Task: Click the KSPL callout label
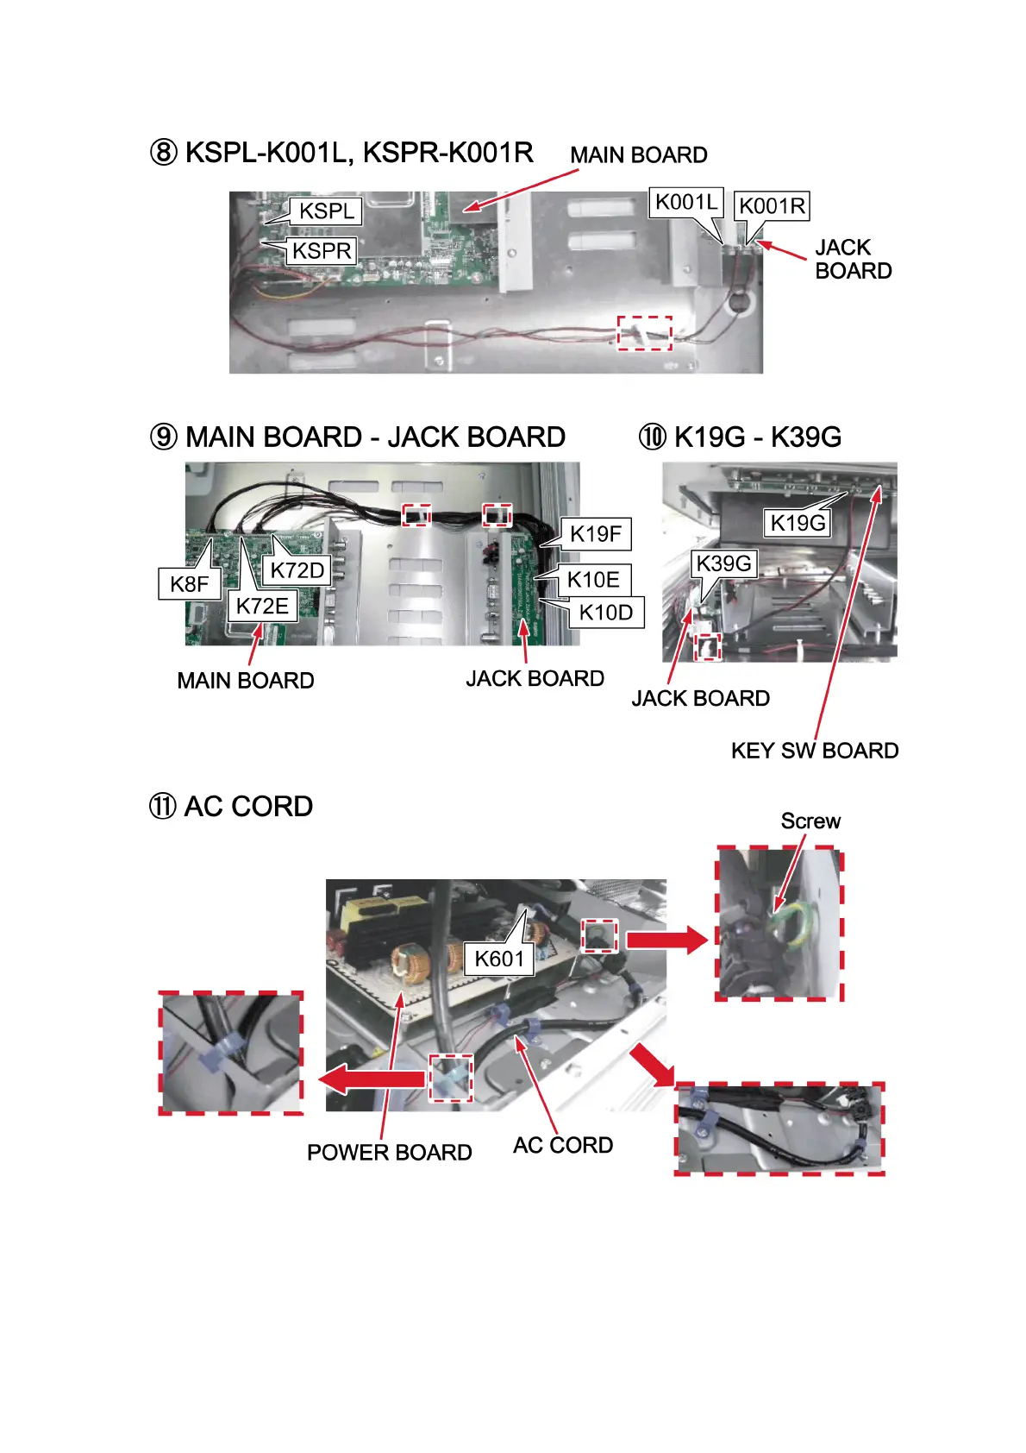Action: click(x=326, y=211)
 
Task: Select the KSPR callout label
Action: click(x=322, y=251)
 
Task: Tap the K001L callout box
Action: click(x=685, y=203)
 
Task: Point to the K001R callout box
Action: click(x=772, y=206)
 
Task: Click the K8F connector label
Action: click(x=189, y=584)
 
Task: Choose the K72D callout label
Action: click(x=297, y=570)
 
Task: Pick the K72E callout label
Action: click(x=262, y=606)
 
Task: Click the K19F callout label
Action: click(x=595, y=534)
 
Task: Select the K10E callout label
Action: click(x=593, y=580)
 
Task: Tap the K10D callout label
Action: click(x=605, y=613)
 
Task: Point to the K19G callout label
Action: click(x=798, y=523)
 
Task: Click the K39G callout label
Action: click(x=723, y=563)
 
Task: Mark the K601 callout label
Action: click(x=499, y=959)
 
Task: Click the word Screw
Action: click(x=810, y=821)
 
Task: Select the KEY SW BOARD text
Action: click(x=815, y=751)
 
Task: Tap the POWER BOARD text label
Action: click(x=390, y=1153)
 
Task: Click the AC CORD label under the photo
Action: click(x=563, y=1146)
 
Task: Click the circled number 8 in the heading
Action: click(x=164, y=154)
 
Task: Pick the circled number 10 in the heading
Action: click(x=653, y=437)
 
